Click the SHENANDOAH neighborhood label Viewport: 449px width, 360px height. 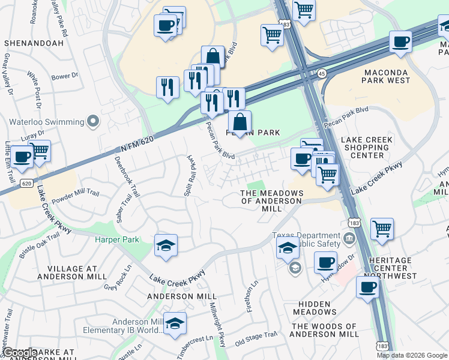point(34,43)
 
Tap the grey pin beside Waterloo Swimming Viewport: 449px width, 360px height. point(92,122)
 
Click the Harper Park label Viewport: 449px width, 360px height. point(116,240)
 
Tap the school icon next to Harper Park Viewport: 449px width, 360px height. point(166,245)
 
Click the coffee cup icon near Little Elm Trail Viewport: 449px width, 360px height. point(22,157)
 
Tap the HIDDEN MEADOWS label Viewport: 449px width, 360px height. point(315,308)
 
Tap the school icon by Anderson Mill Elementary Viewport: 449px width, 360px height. point(174,323)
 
